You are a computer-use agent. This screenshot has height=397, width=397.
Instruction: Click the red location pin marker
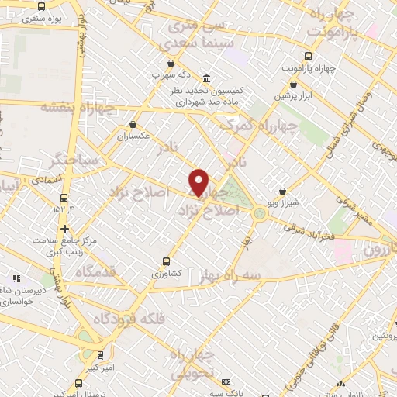click(x=200, y=183)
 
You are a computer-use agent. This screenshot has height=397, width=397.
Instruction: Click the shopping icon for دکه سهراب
click(x=170, y=64)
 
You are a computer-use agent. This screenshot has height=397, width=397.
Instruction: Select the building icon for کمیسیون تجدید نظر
click(x=206, y=79)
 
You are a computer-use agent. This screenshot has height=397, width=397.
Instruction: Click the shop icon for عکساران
click(x=133, y=123)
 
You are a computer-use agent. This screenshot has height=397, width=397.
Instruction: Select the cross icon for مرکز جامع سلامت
click(x=64, y=229)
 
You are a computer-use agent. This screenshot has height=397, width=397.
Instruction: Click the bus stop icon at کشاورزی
click(x=165, y=261)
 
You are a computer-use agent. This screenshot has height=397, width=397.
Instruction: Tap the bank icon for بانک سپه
click(x=226, y=382)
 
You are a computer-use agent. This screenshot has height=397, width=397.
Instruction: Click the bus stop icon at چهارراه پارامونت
click(x=308, y=56)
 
